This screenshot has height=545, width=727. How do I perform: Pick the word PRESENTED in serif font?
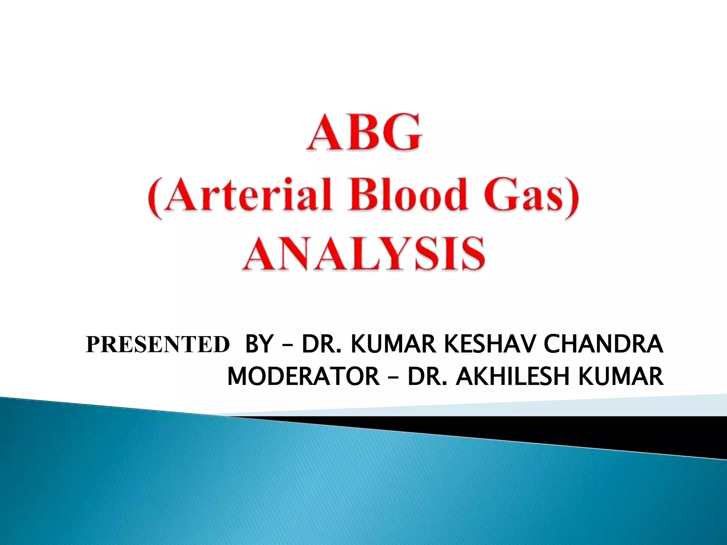point(158,345)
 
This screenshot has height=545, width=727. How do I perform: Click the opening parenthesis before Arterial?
point(153,197)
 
